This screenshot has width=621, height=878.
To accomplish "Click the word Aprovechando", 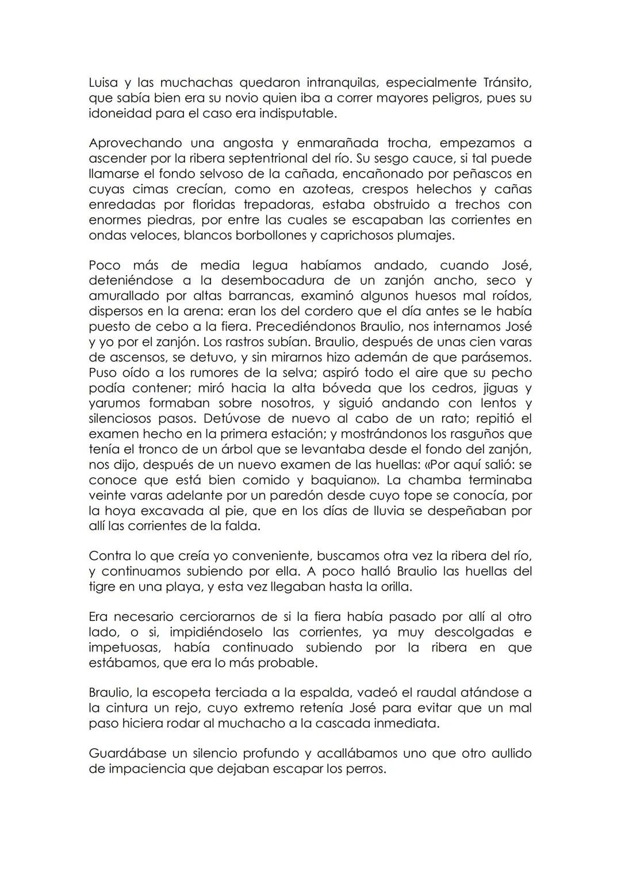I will (x=135, y=143).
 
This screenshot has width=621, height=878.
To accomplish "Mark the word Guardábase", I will (x=126, y=753).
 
